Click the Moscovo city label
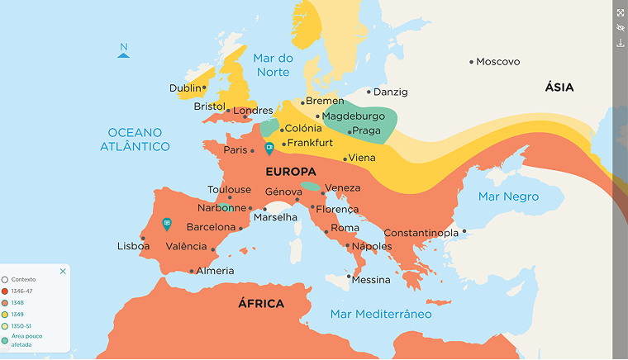498,62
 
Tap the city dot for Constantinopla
464,231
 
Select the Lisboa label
134,246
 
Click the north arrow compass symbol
124,51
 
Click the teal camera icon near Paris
269,148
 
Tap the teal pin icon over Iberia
167,223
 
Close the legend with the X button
63,271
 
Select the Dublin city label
185,88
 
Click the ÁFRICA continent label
261,304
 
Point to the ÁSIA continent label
559,88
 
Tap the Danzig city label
391,92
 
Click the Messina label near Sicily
371,280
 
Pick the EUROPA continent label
292,171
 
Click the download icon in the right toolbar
621,43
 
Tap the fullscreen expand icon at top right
621,12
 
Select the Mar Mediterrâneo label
381,314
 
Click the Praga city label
366,130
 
